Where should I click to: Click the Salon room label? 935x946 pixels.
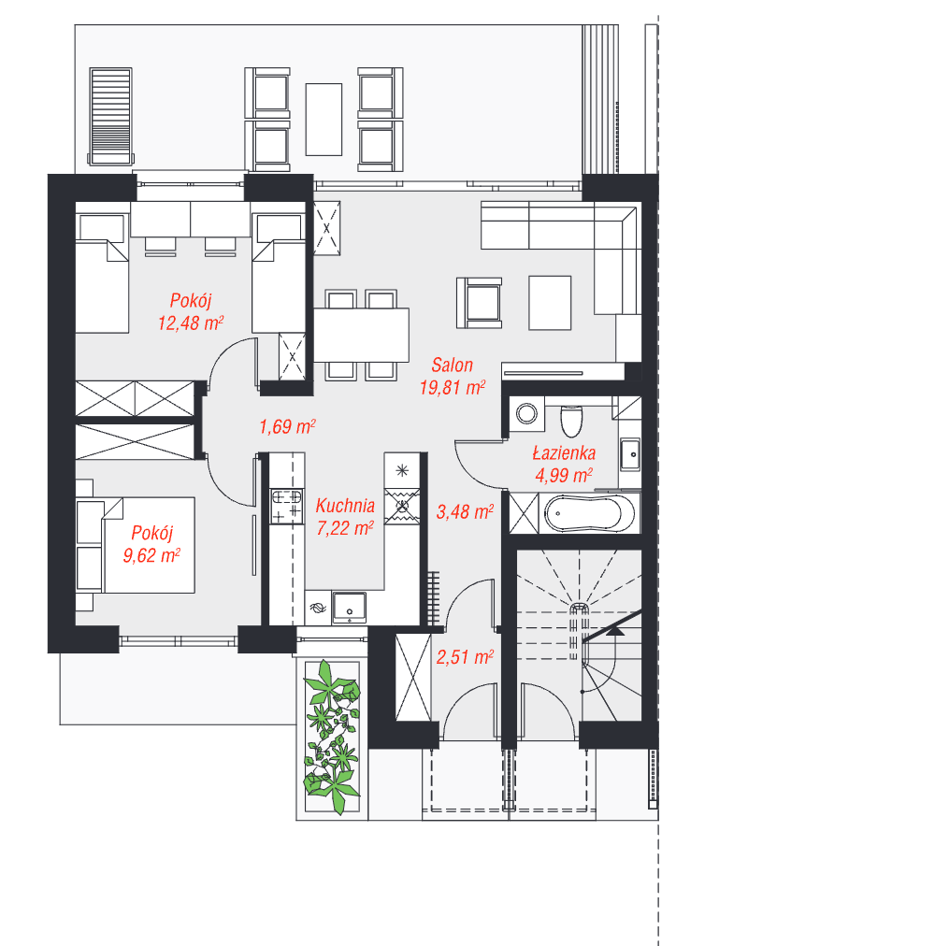[453, 365]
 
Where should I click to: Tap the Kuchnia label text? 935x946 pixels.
[345, 506]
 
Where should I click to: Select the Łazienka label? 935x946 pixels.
[564, 452]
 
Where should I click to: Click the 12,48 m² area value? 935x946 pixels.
[191, 322]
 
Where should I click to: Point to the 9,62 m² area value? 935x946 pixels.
[151, 555]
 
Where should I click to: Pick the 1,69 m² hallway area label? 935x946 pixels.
[287, 426]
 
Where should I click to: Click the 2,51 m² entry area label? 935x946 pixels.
[465, 657]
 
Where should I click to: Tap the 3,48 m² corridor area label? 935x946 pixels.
[465, 511]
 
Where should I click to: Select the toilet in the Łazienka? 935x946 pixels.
[571, 420]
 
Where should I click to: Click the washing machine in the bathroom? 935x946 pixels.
[527, 414]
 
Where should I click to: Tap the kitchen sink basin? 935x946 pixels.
[350, 607]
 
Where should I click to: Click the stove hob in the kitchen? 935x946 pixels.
[287, 506]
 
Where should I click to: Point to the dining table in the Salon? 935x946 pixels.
[361, 336]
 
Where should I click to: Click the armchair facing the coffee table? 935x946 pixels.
[480, 303]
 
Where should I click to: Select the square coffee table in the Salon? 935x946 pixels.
[550, 303]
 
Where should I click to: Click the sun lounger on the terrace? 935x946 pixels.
[110, 117]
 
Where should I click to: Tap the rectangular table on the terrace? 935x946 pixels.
[324, 120]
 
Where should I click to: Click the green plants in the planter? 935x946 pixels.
[332, 738]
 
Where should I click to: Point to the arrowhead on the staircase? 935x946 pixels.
[615, 631]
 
